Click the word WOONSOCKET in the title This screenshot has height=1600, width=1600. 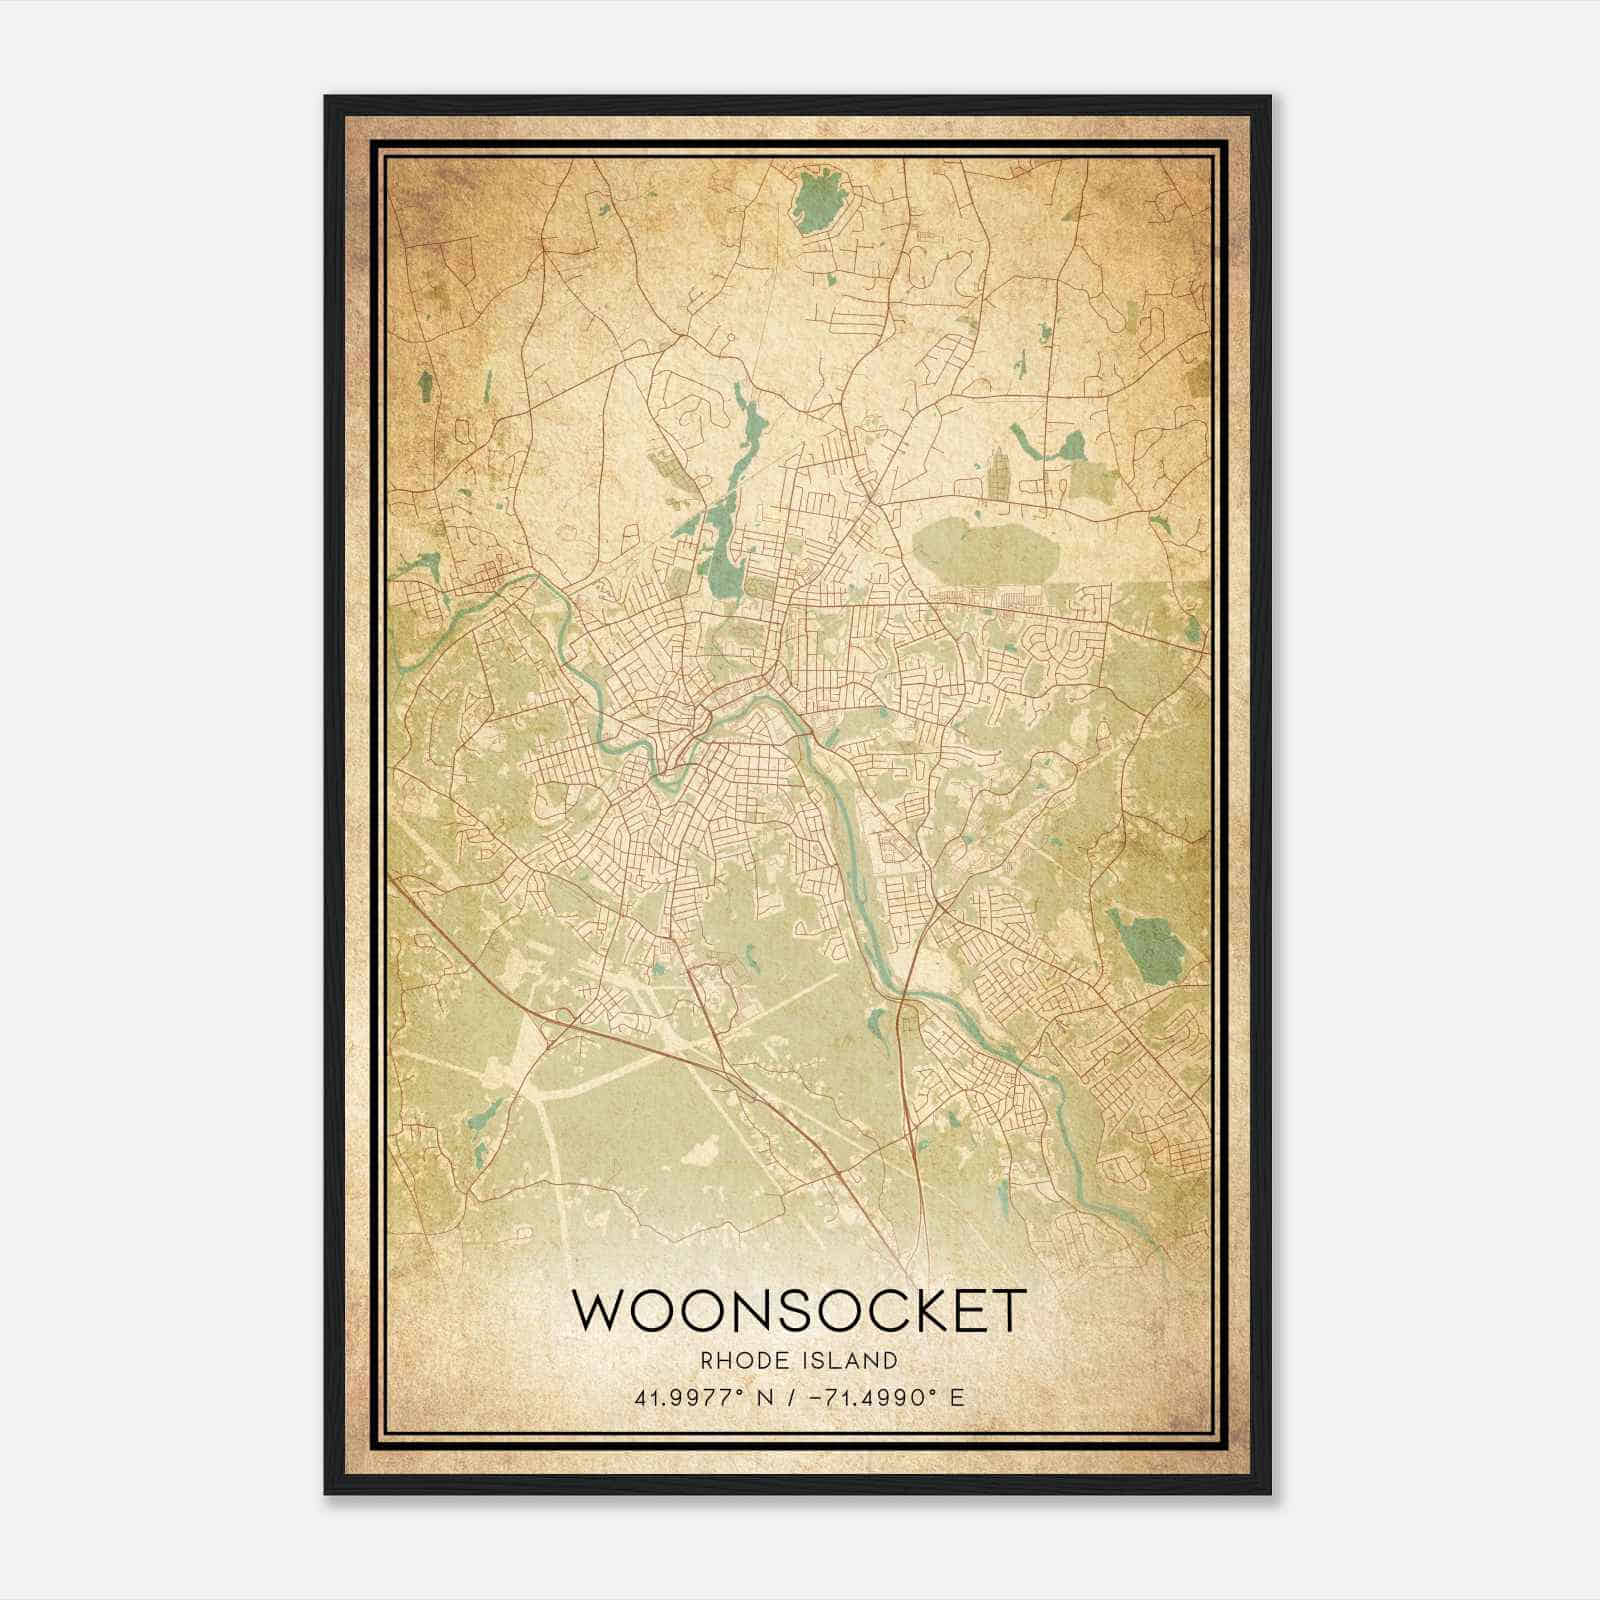[x=799, y=1310]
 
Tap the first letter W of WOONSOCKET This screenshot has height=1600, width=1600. [x=596, y=1310]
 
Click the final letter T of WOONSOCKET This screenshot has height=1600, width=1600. [x=1008, y=1310]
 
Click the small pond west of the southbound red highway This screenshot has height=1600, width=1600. [x=875, y=1025]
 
